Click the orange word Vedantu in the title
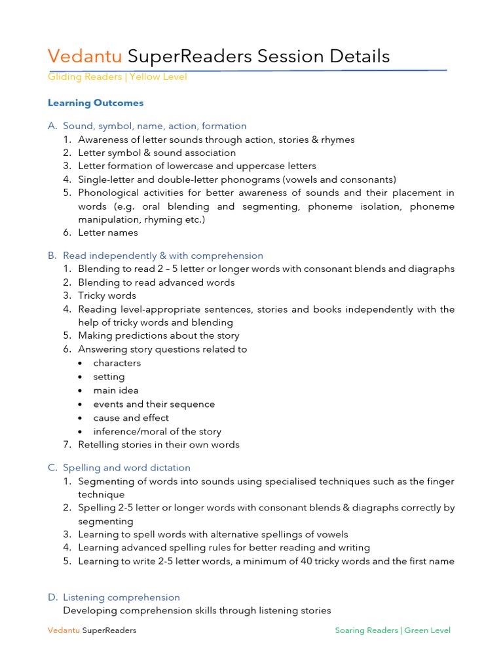coord(85,56)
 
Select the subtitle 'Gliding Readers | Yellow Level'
coord(117,77)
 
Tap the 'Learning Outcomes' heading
coord(96,103)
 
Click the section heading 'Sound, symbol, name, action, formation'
coord(155,126)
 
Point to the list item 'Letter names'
coord(108,233)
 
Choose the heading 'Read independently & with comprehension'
coord(163,256)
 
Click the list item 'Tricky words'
coord(107,296)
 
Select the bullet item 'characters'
coord(117,363)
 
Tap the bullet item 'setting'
coord(109,377)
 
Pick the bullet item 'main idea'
coord(116,391)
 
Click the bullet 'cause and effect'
coord(131,418)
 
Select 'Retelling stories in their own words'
coord(158,445)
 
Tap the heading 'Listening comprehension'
coord(121,597)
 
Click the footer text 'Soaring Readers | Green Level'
coord(392,630)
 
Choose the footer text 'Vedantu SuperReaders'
coord(92,630)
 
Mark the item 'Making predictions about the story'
coord(158,335)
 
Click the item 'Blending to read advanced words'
coord(156,282)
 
